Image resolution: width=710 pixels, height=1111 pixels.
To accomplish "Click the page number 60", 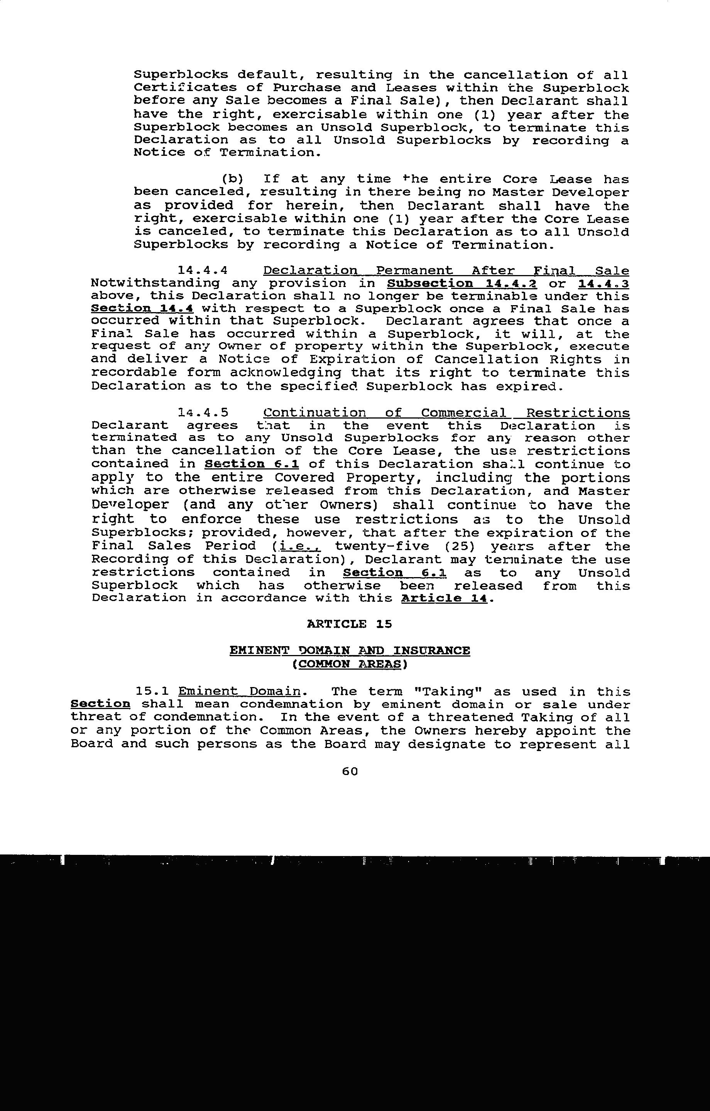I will pos(350,771).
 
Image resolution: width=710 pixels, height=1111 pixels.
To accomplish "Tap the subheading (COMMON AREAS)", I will pos(350,664).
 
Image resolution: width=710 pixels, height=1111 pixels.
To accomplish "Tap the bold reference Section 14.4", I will pos(142,309).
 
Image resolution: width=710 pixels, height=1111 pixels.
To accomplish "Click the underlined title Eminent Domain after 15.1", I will pos(239,692).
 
